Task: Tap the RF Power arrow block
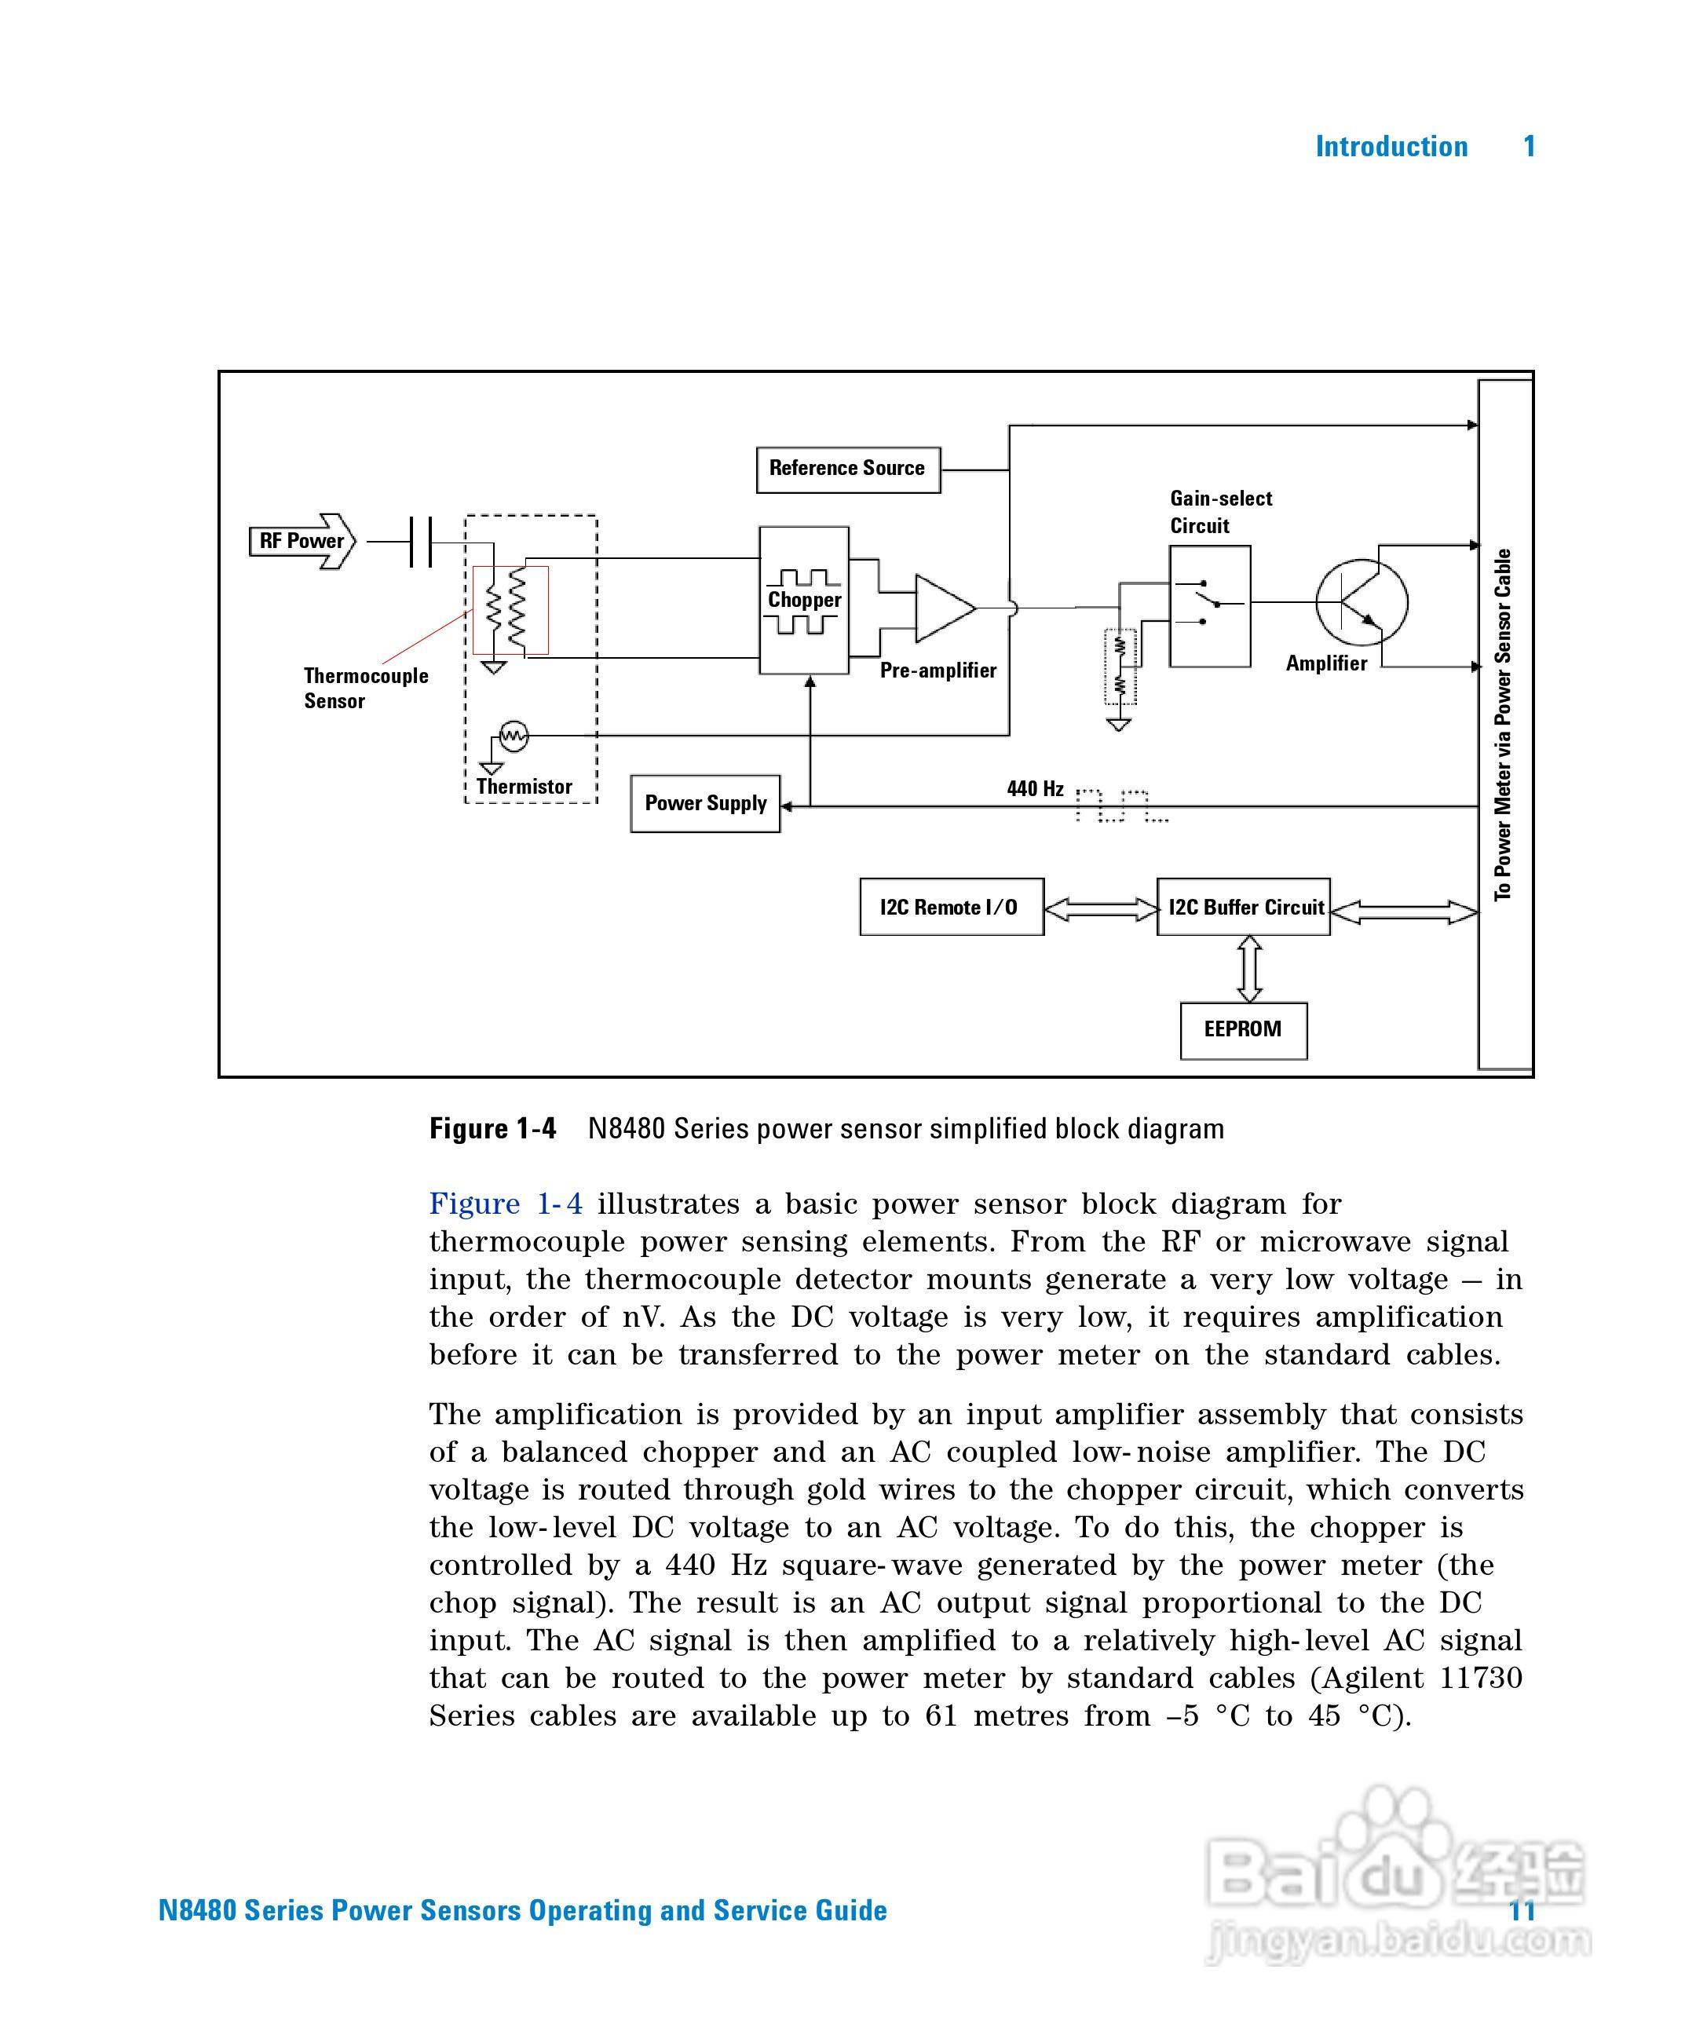click(x=302, y=541)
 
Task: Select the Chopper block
click(x=803, y=600)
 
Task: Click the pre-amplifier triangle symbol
click(x=942, y=608)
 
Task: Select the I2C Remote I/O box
click(x=951, y=907)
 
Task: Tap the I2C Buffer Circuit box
click(x=1244, y=907)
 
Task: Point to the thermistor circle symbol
click(x=513, y=736)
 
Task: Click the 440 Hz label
click(x=1035, y=789)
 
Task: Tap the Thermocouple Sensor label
click(x=364, y=688)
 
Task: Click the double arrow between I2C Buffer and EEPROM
click(x=1249, y=969)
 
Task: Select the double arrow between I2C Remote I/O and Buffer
click(x=1101, y=909)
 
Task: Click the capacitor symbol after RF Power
click(x=421, y=542)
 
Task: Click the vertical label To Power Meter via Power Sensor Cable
click(x=1503, y=725)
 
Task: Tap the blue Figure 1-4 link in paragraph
click(x=506, y=1204)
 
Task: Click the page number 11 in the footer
click(x=1522, y=1910)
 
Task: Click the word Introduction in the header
click(x=1391, y=148)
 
